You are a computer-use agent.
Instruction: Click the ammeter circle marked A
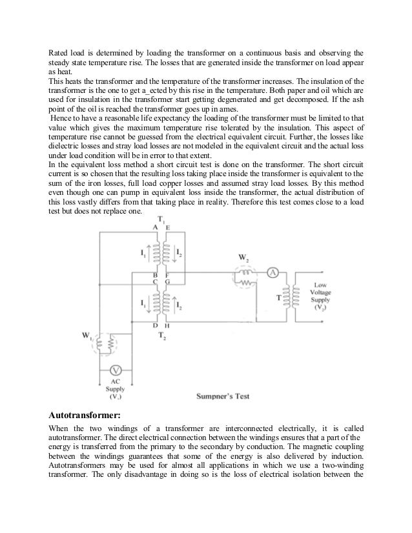click(273, 273)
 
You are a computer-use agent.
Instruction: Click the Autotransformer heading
click(86, 416)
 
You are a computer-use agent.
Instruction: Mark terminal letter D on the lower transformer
click(154, 326)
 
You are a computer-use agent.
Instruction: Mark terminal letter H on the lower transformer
click(167, 326)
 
